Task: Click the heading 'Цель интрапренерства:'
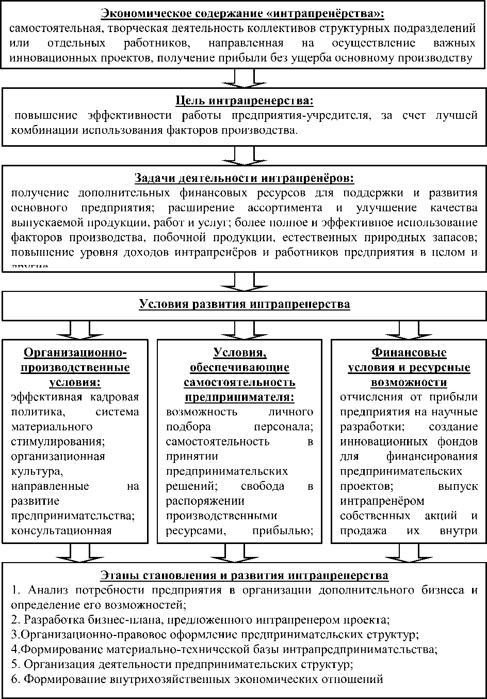244,100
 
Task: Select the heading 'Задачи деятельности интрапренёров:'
244,178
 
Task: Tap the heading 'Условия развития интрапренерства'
244,304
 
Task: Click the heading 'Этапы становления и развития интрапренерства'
244,575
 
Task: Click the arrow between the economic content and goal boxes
244,78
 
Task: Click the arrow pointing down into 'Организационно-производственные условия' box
79,330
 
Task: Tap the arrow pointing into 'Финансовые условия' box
409,330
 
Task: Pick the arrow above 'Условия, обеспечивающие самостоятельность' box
244,330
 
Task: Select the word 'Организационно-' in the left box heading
75,353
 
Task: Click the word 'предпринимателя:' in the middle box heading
239,397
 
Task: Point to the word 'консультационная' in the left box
61,531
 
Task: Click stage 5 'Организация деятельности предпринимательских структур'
182,663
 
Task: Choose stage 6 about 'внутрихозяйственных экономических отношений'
197,678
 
